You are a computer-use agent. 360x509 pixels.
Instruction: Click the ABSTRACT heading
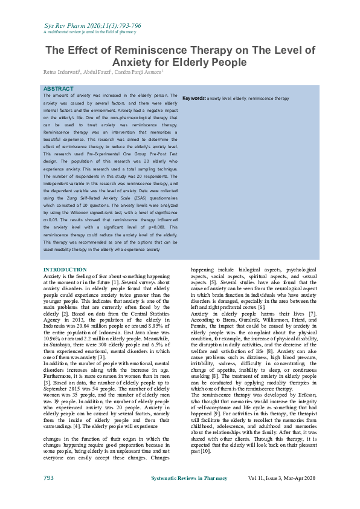pos(58,89)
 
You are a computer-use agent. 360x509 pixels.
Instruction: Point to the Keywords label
pos(194,98)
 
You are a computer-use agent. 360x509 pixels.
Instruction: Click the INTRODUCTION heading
pos(65,270)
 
